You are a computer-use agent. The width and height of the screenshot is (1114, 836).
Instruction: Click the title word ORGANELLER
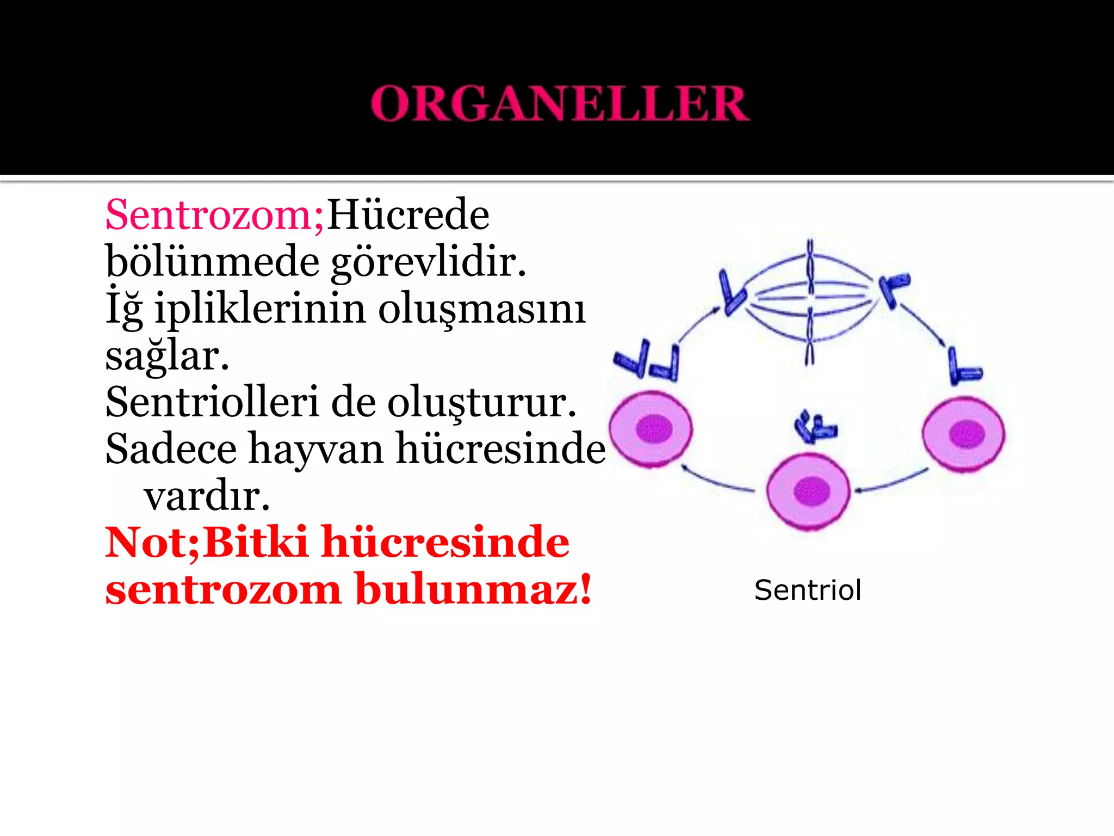(x=560, y=103)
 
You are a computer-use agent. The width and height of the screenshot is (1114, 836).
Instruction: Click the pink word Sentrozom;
(x=214, y=216)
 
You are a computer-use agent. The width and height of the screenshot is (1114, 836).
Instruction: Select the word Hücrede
(x=408, y=214)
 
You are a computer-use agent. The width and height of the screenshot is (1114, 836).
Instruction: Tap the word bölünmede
(x=213, y=262)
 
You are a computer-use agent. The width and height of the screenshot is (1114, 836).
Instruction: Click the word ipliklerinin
(x=260, y=309)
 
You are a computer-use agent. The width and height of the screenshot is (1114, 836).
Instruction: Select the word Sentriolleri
(x=212, y=402)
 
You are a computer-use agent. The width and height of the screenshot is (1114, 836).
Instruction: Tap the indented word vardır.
(x=207, y=496)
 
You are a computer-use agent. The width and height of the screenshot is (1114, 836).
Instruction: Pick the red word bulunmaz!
(x=473, y=589)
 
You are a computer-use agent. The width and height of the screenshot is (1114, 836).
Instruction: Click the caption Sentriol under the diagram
(x=808, y=591)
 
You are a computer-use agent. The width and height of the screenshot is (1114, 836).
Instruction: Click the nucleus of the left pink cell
(x=654, y=428)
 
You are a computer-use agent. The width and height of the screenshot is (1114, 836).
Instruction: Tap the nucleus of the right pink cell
(x=967, y=434)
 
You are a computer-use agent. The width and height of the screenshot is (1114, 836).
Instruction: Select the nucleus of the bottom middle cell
(x=811, y=491)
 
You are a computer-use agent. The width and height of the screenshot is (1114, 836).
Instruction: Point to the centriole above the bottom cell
(x=815, y=427)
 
